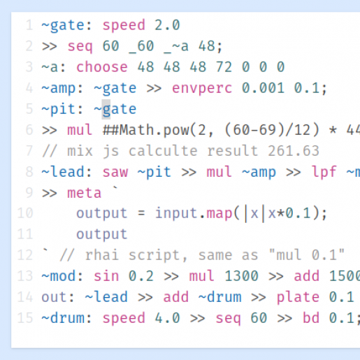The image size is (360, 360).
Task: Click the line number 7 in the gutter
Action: pos(29,151)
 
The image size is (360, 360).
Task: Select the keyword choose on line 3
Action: pos(102,67)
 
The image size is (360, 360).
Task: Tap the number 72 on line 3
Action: pos(224,67)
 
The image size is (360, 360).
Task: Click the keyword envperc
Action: pos(202,88)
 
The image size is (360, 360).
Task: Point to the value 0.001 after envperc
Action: pos(264,88)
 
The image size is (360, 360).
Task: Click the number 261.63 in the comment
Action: pos(294,151)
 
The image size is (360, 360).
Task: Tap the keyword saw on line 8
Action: pos(115,172)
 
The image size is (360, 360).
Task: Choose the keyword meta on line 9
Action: pos(84,193)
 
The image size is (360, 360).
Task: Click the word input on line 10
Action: pos(176,213)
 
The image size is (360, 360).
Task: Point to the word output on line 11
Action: pos(102,234)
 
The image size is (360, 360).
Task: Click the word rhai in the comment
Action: pos(102,254)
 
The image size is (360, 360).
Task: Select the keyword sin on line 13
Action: pos(106,276)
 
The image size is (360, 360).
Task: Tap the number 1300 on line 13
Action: pos(241,276)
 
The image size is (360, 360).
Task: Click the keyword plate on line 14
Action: pos(298,297)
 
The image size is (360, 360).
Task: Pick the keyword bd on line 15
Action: pos(311,318)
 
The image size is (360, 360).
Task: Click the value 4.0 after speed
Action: pos(168,318)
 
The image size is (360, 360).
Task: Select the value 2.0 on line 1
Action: pos(167,25)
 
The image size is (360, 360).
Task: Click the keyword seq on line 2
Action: pos(80,46)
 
